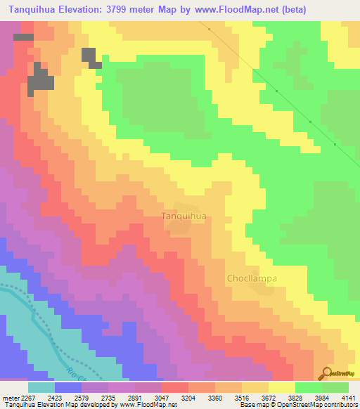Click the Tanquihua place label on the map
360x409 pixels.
click(x=184, y=216)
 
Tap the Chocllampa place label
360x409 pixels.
click(x=252, y=278)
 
